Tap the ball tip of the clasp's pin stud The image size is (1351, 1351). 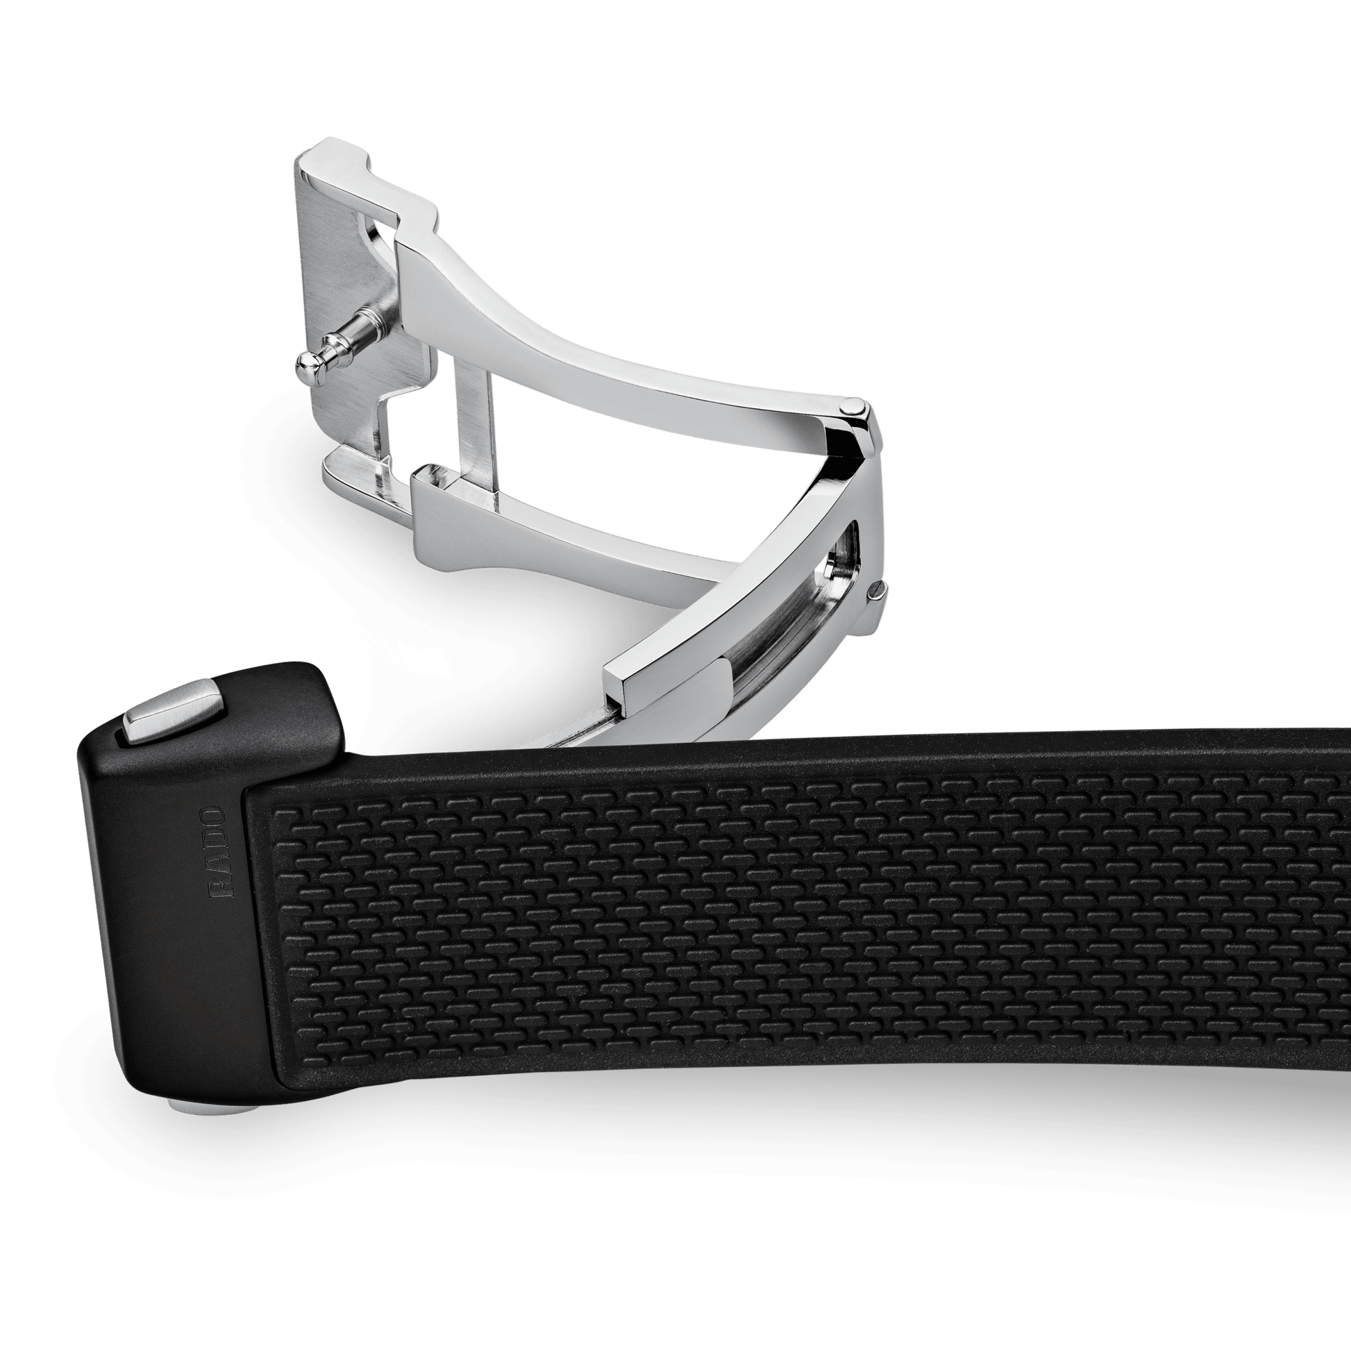305,360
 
